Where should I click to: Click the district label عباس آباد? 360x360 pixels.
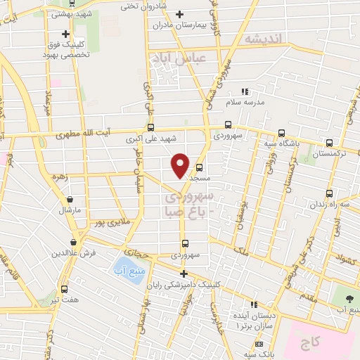coord(180,60)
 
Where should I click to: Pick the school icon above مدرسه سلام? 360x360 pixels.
coord(245,91)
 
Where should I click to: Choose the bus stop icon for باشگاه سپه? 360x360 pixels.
coord(281,133)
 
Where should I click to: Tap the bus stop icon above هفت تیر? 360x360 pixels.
coord(65,288)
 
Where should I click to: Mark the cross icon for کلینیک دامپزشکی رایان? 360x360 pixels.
coord(184,274)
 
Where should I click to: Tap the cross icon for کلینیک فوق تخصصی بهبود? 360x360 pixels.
coord(65,33)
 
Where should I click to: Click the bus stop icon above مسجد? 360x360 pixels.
coord(200,167)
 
